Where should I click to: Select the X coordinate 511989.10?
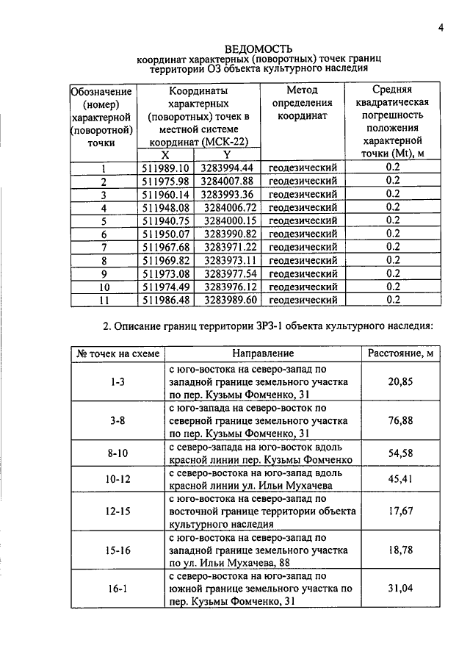[x=165, y=168]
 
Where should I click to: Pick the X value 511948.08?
[x=165, y=207]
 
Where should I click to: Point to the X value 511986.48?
[x=165, y=300]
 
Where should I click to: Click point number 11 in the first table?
[x=104, y=300]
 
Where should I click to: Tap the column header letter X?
[x=164, y=155]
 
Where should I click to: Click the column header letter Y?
[x=228, y=155]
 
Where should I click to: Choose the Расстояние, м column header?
[x=400, y=354]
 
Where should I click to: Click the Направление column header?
[x=262, y=354]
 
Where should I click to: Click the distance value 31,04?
[x=400, y=589]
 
